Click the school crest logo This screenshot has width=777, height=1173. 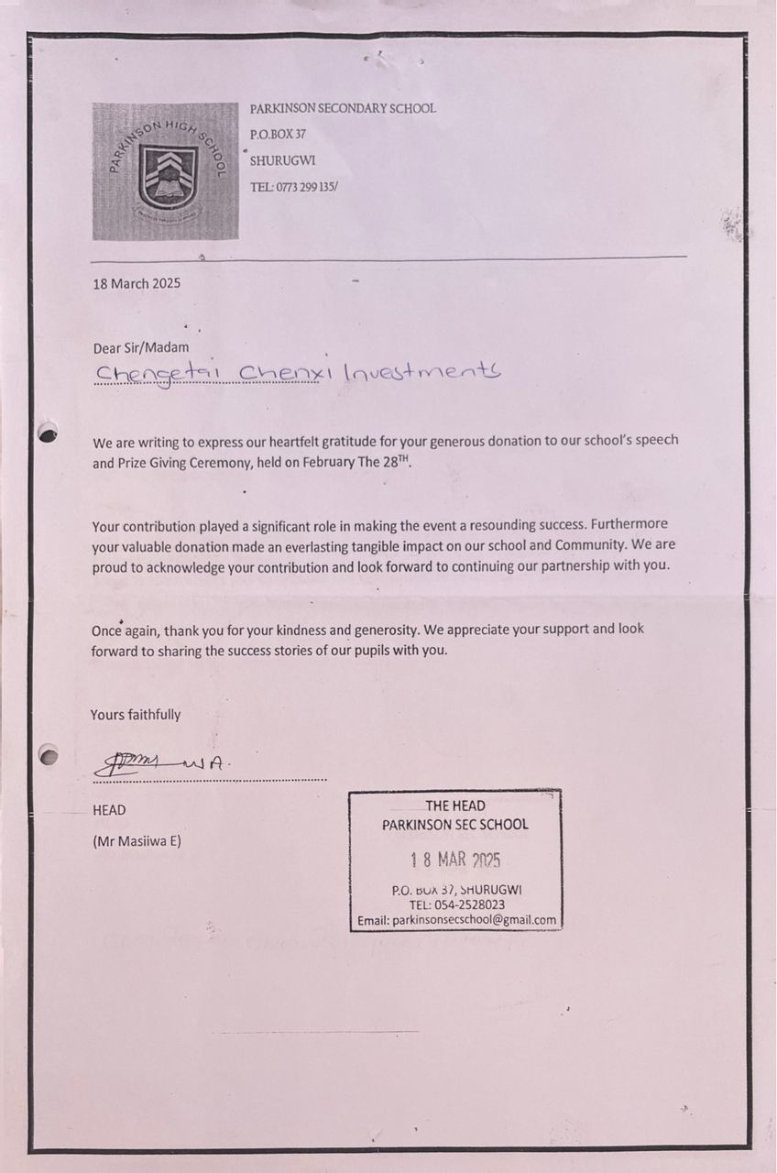point(165,171)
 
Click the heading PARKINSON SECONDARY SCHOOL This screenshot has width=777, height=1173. point(343,108)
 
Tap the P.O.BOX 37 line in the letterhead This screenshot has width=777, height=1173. point(278,134)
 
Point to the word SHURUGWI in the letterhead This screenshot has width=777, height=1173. point(282,160)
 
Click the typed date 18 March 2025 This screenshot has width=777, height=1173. point(137,283)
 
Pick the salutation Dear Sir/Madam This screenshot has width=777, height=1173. point(141,347)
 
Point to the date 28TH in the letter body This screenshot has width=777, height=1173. point(398,462)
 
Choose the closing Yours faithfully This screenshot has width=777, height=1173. point(136,714)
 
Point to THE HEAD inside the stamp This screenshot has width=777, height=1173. point(454,806)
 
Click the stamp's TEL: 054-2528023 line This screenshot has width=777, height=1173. point(456,904)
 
